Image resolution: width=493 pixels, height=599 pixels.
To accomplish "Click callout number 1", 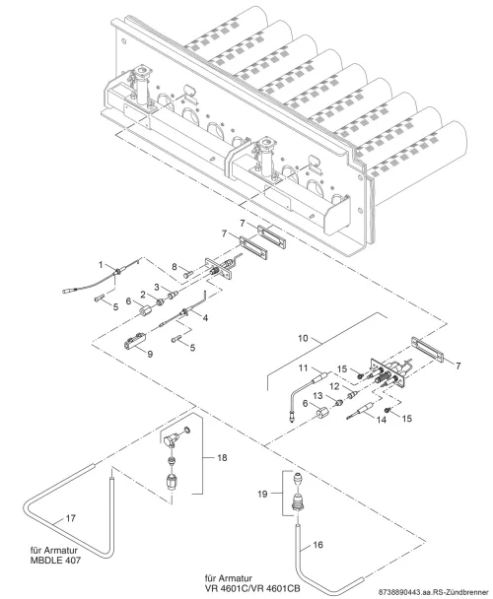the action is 101,265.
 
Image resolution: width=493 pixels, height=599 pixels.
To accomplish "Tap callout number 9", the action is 150,354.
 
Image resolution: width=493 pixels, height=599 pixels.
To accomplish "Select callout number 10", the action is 303,338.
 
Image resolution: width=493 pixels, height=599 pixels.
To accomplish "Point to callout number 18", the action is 222,458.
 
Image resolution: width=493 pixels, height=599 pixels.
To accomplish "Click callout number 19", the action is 262,494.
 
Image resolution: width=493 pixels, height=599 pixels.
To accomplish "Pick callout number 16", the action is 317,545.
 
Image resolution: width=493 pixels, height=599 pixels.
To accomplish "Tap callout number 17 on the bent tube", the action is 71,518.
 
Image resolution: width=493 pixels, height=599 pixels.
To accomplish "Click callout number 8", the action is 175,267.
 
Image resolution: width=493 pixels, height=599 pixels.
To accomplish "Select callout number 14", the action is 382,420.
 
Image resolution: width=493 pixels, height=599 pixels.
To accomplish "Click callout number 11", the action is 303,367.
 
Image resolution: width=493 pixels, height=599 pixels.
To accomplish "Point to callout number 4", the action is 205,317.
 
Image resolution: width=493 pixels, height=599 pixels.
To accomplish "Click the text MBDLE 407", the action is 55,561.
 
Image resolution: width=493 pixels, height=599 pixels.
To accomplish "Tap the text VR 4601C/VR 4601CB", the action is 252,587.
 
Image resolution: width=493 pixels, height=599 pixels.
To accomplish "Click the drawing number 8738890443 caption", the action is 434,592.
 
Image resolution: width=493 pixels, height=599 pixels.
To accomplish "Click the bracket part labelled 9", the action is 135,341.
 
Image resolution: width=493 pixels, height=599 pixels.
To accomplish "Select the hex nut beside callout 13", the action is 338,402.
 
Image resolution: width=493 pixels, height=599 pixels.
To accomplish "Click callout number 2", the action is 143,295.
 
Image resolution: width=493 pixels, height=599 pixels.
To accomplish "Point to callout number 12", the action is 334,386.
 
